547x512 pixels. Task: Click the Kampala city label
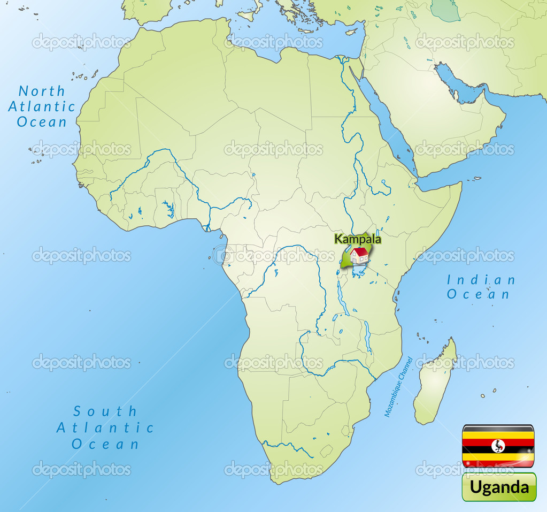(x=358, y=239)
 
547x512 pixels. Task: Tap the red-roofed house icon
(x=360, y=256)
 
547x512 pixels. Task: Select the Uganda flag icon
(x=498, y=446)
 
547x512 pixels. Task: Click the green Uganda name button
(x=499, y=487)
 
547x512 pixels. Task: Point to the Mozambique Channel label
(x=398, y=387)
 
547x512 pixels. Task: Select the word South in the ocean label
(x=105, y=411)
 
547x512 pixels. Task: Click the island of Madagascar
(x=434, y=383)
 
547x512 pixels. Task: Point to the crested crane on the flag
(x=498, y=446)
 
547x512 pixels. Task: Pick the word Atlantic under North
(x=42, y=106)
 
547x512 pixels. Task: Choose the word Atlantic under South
(x=105, y=427)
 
